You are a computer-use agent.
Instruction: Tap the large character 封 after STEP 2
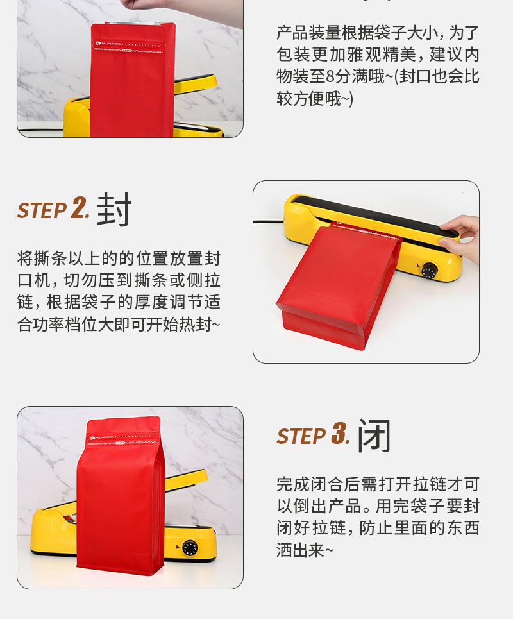click(114, 209)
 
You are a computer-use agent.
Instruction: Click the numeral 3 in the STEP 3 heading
click(339, 433)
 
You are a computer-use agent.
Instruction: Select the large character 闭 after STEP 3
click(374, 436)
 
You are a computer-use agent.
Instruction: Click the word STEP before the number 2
click(42, 210)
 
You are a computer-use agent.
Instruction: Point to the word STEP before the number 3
click(302, 436)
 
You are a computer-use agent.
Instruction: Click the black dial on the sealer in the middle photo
click(430, 271)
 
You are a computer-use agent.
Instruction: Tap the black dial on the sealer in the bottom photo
click(190, 548)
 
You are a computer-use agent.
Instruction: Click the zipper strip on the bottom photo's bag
click(124, 443)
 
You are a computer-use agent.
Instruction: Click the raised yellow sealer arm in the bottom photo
click(186, 480)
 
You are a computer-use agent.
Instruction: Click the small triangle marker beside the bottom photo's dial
click(178, 547)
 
